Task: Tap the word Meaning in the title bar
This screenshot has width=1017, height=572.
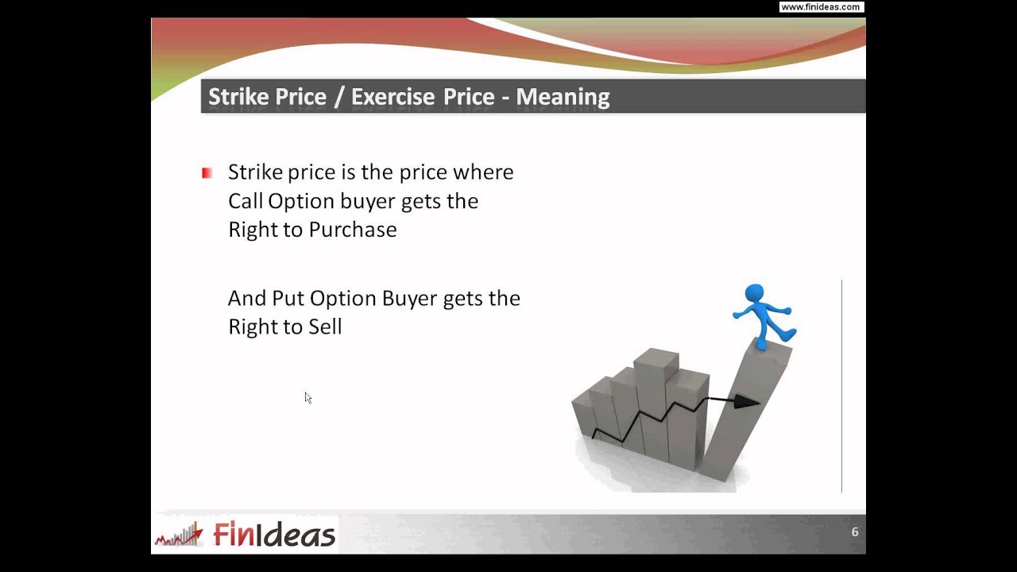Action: click(x=563, y=97)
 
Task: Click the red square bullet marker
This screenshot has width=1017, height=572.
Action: click(x=207, y=172)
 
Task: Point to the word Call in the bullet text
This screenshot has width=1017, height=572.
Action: click(x=245, y=201)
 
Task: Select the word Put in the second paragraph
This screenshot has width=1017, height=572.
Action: click(x=288, y=299)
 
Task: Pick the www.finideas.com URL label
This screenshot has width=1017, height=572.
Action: click(x=820, y=7)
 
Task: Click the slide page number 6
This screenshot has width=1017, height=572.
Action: click(x=855, y=532)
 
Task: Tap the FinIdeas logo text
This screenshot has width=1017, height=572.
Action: click(x=274, y=535)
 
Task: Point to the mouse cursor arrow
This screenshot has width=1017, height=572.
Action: click(x=307, y=397)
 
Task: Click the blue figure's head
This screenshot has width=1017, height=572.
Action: click(x=754, y=295)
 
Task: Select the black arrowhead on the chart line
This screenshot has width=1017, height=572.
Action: click(x=746, y=402)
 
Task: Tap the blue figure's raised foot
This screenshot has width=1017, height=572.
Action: click(x=788, y=332)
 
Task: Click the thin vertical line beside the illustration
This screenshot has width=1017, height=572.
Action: click(x=841, y=385)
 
